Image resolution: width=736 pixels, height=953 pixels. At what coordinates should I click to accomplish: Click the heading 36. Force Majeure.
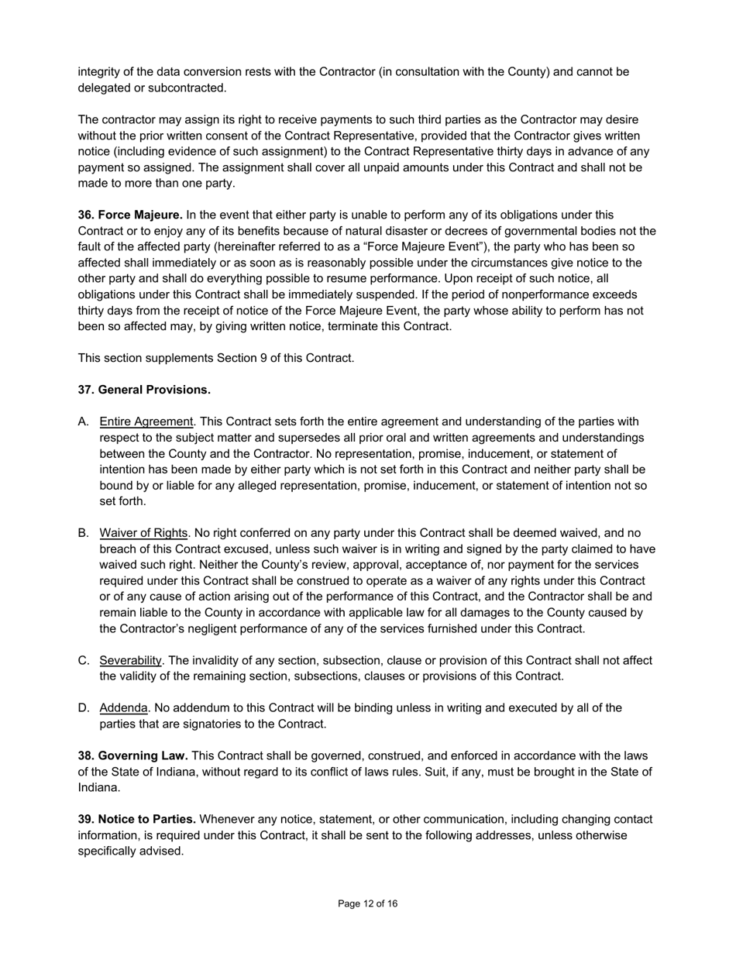coord(130,215)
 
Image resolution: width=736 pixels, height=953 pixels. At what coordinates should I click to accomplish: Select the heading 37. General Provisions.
coord(144,390)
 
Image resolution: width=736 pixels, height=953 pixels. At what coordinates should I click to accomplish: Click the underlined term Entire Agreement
coord(146,421)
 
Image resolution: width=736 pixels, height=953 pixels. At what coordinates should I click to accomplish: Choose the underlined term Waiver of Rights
coord(143,533)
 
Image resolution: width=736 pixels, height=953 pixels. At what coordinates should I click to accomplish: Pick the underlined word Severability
coord(130,660)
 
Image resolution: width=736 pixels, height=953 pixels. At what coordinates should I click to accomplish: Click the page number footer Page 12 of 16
coord(368,903)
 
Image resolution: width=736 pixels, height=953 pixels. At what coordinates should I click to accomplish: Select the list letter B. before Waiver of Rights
coord(84,533)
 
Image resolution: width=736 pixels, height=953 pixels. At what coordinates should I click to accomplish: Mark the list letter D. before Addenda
coord(84,708)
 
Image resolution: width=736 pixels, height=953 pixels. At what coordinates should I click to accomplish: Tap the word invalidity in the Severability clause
coord(219,660)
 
